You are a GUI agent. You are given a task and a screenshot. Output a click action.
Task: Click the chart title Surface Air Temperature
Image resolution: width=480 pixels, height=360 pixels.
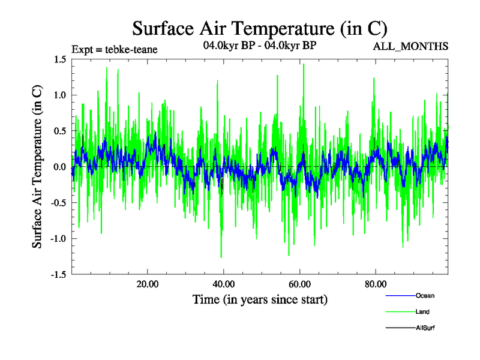coord(259,28)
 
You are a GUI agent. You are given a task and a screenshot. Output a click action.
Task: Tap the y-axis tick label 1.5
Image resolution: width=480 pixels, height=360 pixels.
coord(59,59)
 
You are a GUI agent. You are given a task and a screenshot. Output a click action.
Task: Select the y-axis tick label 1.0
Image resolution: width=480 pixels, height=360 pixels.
coord(59,95)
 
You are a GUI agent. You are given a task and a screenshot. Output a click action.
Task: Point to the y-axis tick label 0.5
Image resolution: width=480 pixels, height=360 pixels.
coord(59,131)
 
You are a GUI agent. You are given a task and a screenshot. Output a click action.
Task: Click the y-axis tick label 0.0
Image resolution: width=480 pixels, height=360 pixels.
coord(59,167)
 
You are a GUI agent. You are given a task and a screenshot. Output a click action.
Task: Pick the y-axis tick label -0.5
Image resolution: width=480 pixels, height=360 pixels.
coord(57,203)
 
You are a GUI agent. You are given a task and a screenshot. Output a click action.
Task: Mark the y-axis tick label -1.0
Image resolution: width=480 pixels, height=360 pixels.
coord(57,239)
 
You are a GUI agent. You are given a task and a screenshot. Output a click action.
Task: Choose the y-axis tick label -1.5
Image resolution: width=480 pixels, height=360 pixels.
coord(57,275)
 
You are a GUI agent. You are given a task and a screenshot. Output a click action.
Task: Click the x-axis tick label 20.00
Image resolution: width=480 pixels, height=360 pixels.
coord(148,284)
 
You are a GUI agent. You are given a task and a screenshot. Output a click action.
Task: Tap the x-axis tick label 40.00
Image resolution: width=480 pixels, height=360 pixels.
coord(223,284)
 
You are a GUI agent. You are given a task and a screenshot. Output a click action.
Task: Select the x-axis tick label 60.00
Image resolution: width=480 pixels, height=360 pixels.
coord(299,284)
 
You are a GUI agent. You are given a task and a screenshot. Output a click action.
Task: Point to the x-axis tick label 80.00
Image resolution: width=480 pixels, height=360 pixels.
coord(375,284)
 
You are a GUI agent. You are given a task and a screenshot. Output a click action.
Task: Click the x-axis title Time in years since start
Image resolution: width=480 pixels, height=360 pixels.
coord(260,299)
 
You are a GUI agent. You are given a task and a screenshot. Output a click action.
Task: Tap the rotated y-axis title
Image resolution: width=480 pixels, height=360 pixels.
coord(37,167)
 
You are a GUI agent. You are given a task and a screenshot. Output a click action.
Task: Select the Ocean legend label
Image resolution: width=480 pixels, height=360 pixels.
coord(425,296)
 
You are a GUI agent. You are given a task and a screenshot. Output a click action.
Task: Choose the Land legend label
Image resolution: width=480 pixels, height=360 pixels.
coord(422,312)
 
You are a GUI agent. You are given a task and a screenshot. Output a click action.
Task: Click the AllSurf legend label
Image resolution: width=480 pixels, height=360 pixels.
coord(425,328)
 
